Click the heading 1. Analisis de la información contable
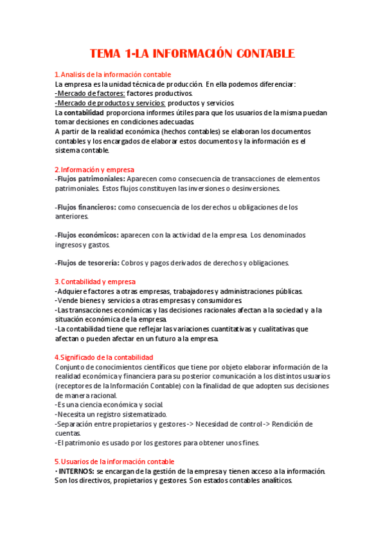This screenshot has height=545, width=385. point(112,75)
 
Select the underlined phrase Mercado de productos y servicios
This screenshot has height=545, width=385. point(111,103)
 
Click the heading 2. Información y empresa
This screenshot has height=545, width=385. point(94,170)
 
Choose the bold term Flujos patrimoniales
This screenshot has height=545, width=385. point(91,179)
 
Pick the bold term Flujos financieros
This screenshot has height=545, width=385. point(86,207)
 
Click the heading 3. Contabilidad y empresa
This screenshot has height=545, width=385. point(95,281)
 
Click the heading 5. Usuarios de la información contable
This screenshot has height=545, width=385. point(114,461)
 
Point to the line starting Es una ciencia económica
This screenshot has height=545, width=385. point(110,405)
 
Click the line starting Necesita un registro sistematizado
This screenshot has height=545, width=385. point(111,415)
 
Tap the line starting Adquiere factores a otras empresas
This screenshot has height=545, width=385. point(174,291)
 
